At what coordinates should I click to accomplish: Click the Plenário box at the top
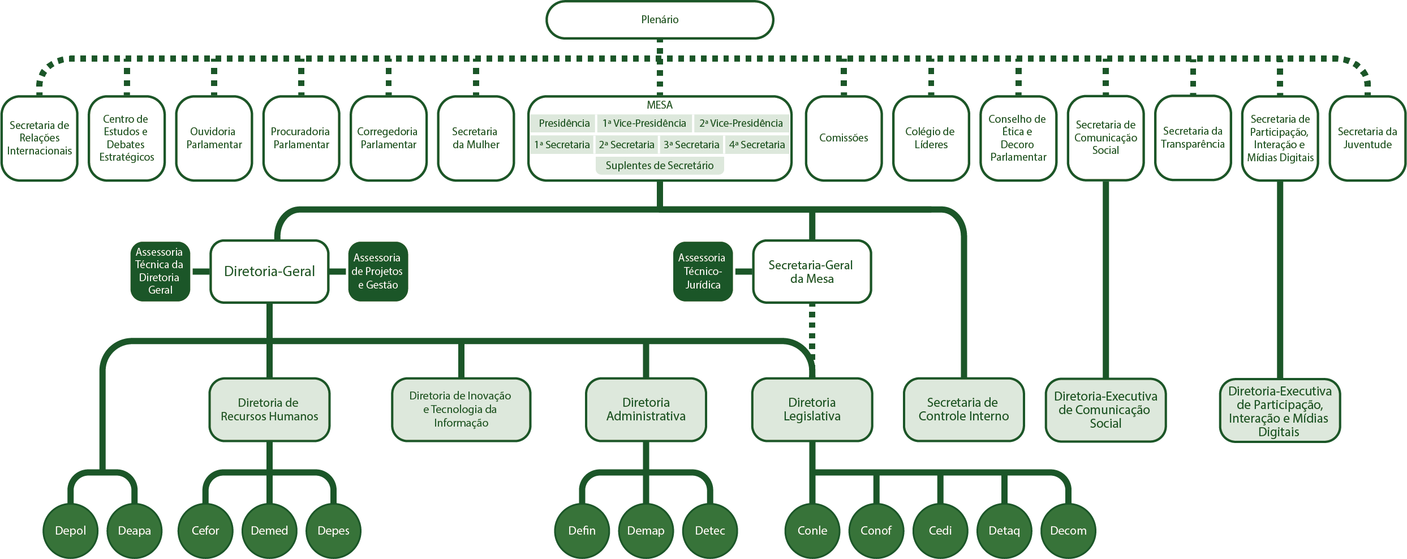click(x=660, y=20)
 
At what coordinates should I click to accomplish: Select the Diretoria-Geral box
click(x=269, y=272)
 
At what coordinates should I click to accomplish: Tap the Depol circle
click(x=71, y=531)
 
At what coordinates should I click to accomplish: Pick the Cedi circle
click(x=940, y=531)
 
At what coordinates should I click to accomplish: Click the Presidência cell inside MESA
click(x=563, y=123)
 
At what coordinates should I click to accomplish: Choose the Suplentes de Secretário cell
click(x=660, y=166)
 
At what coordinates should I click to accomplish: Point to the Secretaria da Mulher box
click(x=476, y=139)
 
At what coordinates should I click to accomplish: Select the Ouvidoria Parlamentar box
click(x=214, y=139)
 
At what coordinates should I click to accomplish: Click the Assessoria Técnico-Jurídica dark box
click(x=703, y=272)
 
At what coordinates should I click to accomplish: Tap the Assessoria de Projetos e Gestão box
click(x=377, y=272)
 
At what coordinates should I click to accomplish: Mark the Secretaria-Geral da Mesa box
click(x=812, y=272)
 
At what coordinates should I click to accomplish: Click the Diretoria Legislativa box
click(x=812, y=410)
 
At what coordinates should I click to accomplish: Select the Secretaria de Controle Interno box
click(x=963, y=410)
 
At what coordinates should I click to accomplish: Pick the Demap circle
click(x=646, y=531)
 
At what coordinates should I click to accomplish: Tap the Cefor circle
click(x=205, y=531)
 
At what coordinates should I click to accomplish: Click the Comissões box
click(x=844, y=139)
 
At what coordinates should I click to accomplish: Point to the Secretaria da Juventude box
click(x=1367, y=139)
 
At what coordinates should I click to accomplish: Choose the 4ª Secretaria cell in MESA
click(x=757, y=145)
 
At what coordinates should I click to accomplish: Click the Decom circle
click(x=1068, y=531)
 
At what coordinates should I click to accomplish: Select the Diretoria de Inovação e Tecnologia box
click(x=461, y=410)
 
